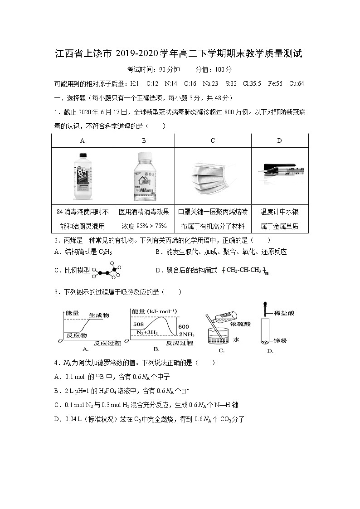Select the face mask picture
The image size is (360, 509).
212,177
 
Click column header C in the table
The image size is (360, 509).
213,141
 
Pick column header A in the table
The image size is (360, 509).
83,141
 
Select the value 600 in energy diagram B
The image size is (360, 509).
183,327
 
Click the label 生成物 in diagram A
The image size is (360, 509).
99,315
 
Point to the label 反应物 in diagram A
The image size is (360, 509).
77,336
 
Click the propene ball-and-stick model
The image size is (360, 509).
107,271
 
